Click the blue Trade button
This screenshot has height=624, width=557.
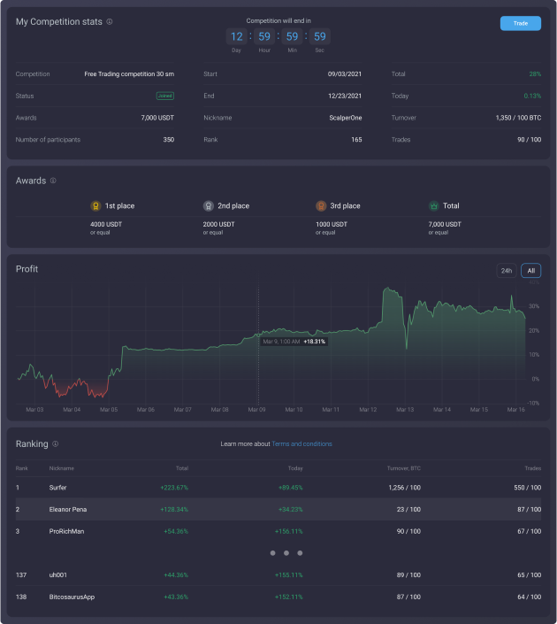click(520, 23)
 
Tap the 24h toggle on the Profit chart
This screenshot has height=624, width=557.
click(506, 271)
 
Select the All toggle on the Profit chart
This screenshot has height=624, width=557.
click(530, 271)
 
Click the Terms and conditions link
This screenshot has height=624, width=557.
click(301, 443)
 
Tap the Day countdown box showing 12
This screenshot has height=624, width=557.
click(236, 37)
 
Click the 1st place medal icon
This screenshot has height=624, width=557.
click(95, 205)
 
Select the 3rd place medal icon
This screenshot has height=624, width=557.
click(321, 205)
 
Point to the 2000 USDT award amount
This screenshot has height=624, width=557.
click(217, 224)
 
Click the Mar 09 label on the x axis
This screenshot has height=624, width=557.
click(256, 410)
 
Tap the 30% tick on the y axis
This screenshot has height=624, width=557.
click(533, 306)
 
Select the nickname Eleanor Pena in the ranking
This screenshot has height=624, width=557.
click(68, 509)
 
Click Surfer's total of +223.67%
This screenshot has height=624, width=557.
click(173, 487)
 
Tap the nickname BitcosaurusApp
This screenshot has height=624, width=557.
click(72, 596)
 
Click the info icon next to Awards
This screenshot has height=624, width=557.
click(53, 181)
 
